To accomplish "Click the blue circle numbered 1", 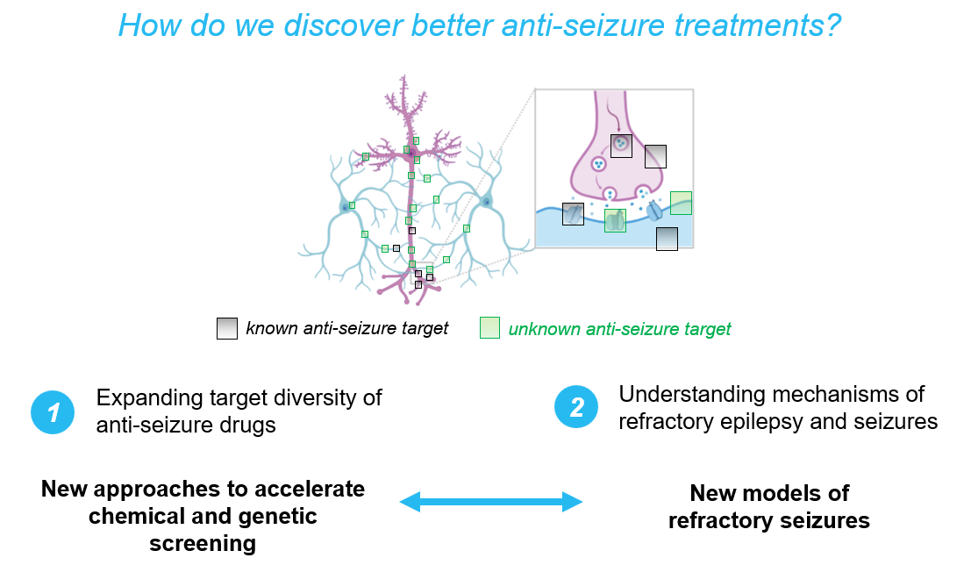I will coord(54,411).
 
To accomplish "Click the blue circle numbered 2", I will coord(576,407).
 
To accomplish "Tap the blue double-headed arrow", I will coord(491,502).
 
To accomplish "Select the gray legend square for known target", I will coord(227,328).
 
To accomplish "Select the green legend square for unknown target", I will coord(489,328).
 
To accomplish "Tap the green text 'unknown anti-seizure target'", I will coord(619,329).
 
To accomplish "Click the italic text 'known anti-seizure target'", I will coord(347,328).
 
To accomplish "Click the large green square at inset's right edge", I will coord(681,203).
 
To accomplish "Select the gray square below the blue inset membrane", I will coord(667,239).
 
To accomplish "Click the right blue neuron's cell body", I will coord(485,203).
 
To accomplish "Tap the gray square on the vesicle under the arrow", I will coord(621,146).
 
